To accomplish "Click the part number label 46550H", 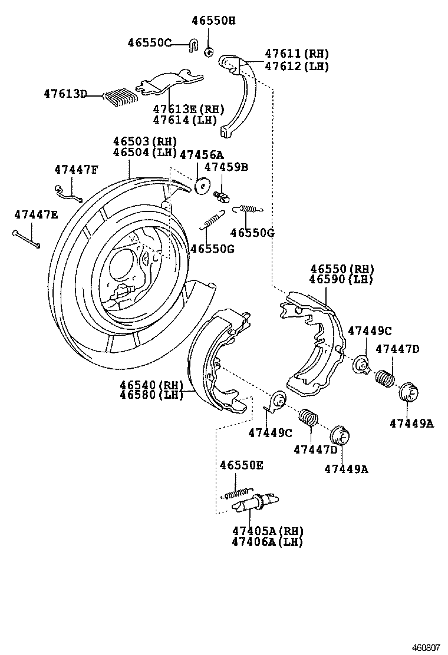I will pos(213,21).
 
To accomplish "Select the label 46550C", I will pos(149,42).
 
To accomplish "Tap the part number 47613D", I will pos(65,94).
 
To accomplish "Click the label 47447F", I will pos(76,170).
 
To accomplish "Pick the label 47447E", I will pos(36,215).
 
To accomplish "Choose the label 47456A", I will pos(201,155).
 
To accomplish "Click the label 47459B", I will pos(226,167).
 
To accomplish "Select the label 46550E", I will pos(241,465).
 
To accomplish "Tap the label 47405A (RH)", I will pos(266,530).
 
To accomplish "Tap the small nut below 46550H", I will pos(209,52).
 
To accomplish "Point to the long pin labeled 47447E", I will pos(26,238).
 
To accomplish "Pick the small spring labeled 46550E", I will pos(238,491).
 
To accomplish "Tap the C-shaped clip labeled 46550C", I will pos(193,45).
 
